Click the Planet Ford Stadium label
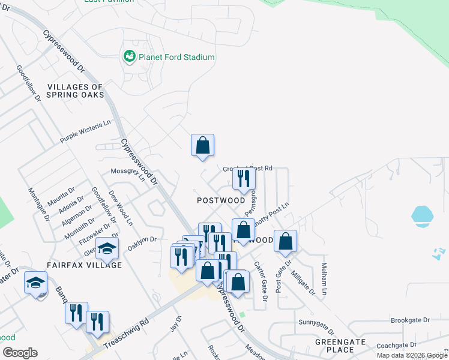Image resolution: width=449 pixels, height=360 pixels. tap(176, 57)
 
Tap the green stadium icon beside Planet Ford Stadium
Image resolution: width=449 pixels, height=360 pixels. tap(129, 57)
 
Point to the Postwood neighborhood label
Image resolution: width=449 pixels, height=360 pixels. tap(221, 200)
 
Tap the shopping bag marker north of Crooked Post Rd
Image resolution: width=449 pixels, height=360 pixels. tap(202, 145)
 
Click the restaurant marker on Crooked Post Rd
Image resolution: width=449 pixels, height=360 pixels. tap(244, 178)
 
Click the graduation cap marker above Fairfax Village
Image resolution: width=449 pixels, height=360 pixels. tap(107, 248)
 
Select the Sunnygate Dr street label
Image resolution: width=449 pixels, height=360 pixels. tap(318, 322)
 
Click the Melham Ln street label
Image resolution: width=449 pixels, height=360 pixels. tap(324, 278)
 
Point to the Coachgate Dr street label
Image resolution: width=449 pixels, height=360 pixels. tap(396, 346)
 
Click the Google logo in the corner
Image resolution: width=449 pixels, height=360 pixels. tap(20, 353)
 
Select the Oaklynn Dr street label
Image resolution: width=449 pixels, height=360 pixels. tap(142, 242)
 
